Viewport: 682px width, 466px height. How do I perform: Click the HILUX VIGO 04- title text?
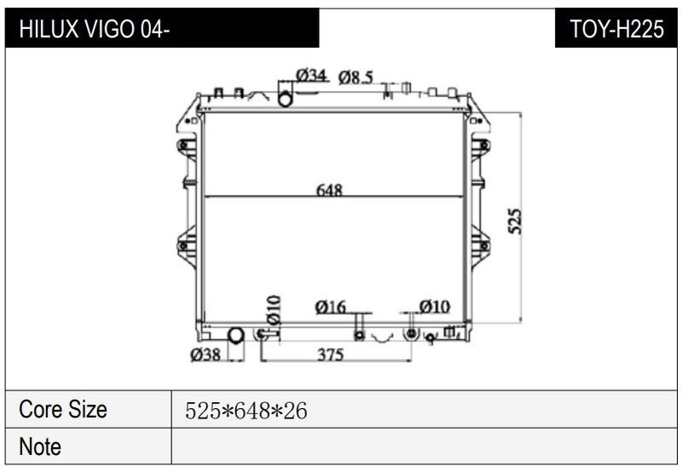94,29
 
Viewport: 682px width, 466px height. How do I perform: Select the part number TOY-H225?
616,29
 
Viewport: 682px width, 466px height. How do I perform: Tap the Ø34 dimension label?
311,75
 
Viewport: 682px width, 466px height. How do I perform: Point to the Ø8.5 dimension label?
355,78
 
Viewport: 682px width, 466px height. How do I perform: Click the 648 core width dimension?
329,190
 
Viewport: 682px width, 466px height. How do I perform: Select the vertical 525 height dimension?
515,221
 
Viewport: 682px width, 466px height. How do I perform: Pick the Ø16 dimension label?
330,308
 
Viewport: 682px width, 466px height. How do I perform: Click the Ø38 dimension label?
205,354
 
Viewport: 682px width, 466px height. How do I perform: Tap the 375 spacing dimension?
331,354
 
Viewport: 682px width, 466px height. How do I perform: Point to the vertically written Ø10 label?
274,310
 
